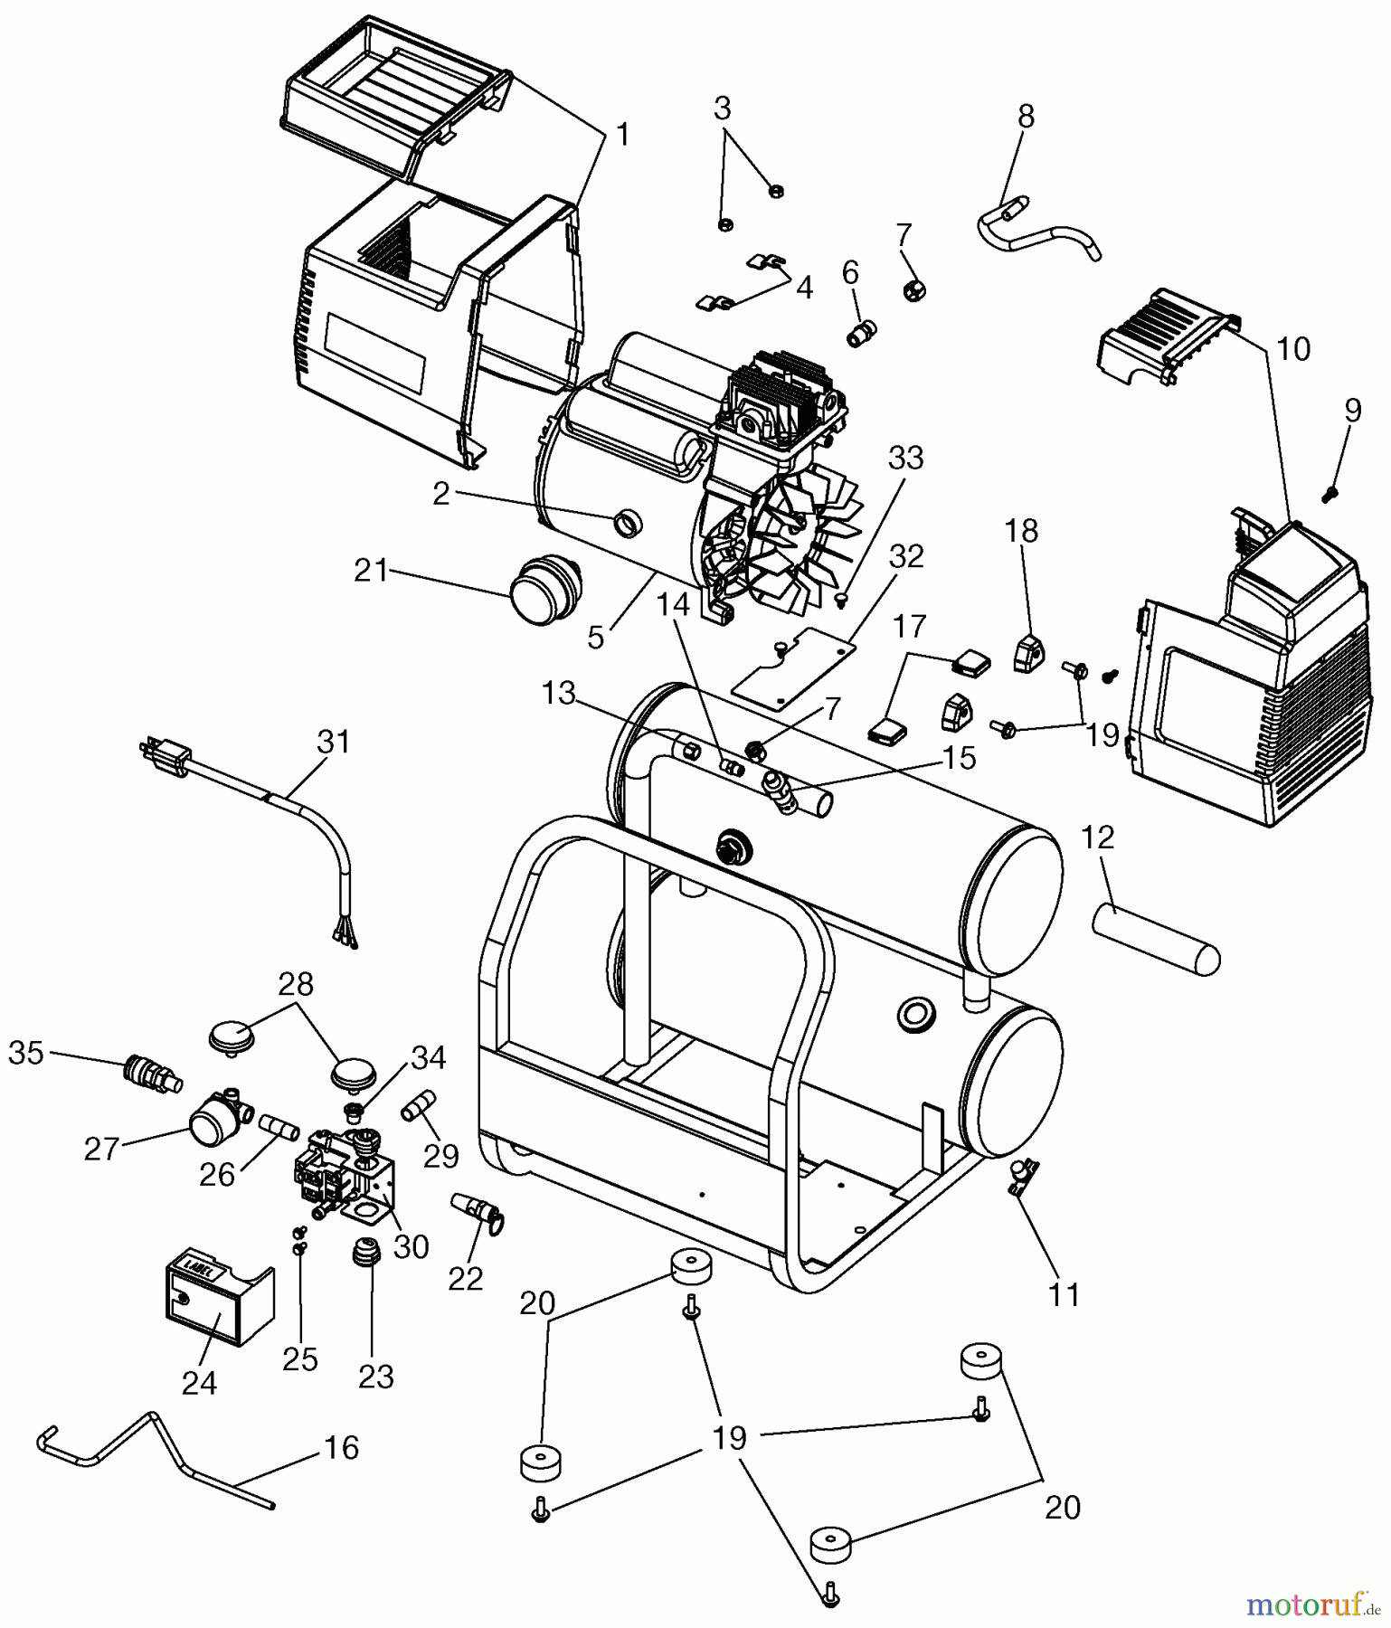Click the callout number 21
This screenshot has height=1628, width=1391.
point(371,572)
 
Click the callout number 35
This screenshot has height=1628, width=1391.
point(25,1053)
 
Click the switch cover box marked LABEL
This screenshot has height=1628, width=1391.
point(214,1303)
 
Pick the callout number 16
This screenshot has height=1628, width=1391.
point(341,1448)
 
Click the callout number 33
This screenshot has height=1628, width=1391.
point(905,459)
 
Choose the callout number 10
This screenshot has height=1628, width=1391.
point(1294,349)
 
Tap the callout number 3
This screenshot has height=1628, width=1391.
point(722,109)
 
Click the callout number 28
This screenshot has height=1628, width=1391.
point(297,984)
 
